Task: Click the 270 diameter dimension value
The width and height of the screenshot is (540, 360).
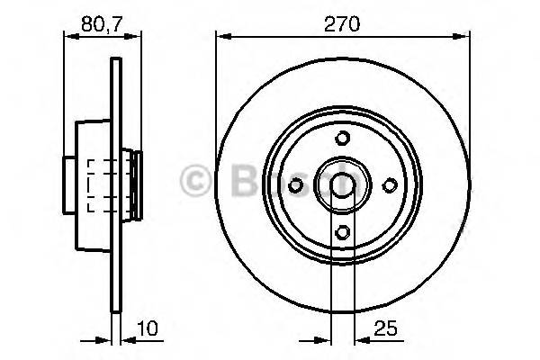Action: tap(343, 24)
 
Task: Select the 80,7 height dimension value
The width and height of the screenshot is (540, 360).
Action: tap(102, 24)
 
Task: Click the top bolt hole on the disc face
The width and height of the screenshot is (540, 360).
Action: tap(343, 138)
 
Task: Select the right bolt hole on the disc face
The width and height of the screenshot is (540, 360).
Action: tap(390, 184)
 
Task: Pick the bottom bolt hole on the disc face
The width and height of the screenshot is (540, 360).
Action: tap(343, 231)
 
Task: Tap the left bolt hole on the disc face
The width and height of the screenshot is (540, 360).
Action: tap(296, 184)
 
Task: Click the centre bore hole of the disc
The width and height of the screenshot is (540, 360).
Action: tap(343, 184)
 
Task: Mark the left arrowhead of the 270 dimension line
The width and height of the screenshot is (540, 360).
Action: tap(221, 37)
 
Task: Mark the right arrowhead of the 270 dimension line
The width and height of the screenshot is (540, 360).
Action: tap(464, 37)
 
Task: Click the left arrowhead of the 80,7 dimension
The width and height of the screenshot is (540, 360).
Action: tap(67, 37)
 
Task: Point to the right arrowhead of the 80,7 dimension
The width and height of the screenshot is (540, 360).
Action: tap(137, 37)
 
